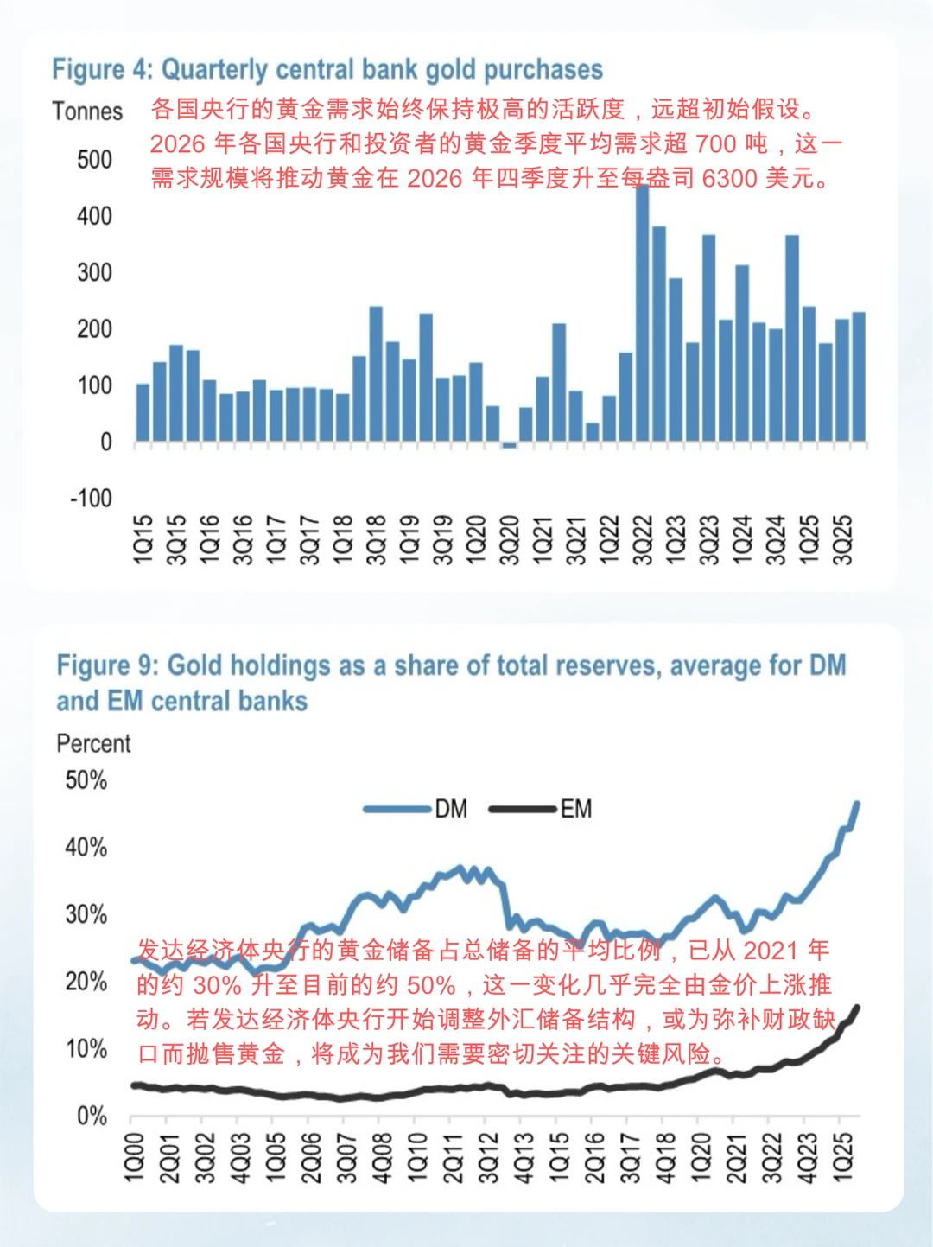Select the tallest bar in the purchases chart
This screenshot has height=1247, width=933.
coord(642,311)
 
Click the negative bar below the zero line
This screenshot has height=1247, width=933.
coord(509,446)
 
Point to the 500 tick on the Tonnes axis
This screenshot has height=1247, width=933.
coord(94,160)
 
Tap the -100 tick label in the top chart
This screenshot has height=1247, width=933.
coord(92,499)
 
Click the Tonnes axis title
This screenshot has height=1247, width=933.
coord(87,111)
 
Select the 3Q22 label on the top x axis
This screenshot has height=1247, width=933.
coord(642,540)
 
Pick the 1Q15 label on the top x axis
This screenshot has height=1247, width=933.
coord(143,540)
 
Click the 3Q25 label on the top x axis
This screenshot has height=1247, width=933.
coord(842,540)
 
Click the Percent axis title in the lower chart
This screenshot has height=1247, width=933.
coord(93,743)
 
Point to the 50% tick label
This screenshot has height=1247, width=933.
coord(86,780)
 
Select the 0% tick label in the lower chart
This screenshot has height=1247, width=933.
coord(92,1116)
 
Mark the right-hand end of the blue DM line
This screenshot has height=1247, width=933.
coord(857,804)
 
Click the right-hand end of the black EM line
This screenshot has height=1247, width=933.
coord(857,1007)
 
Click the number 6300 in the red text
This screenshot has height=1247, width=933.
coord(729,179)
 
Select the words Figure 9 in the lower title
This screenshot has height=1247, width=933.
coord(106,666)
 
